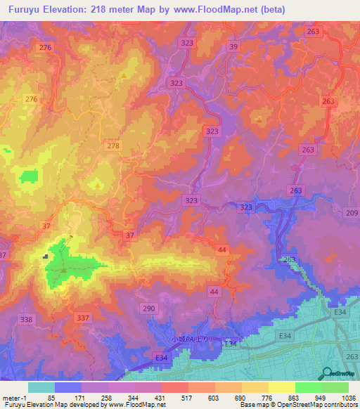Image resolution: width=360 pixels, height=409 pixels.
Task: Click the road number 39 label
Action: click(x=233, y=46)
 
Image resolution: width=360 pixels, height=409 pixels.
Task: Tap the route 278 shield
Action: click(x=112, y=145)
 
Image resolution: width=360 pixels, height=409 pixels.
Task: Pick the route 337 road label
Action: click(x=83, y=318)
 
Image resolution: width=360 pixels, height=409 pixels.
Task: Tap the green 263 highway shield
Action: click(x=289, y=259)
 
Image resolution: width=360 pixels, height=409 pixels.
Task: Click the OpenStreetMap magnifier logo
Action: click(x=328, y=374)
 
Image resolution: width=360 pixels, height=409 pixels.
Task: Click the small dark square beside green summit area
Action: click(x=46, y=257)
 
